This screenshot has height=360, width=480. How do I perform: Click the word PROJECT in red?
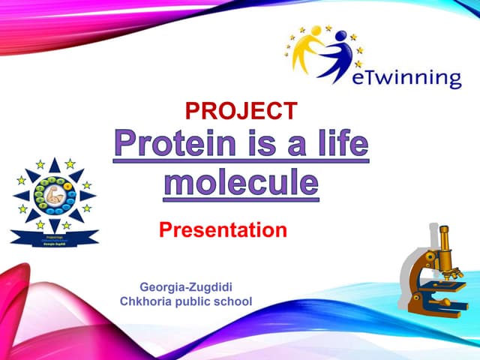coord(241,111)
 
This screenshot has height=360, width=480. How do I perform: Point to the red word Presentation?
coord(223,229)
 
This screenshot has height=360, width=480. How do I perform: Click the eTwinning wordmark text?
coord(406,77)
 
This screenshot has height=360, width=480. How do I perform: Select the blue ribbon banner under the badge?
coord(55,239)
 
